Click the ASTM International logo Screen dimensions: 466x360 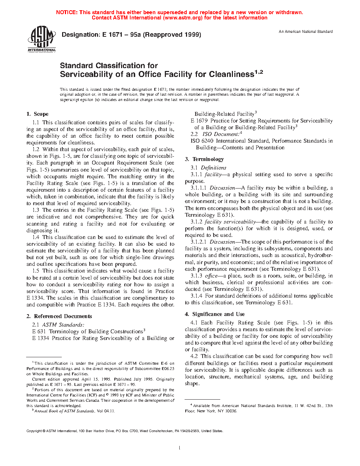point(41,39)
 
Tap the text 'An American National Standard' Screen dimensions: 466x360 point(306,31)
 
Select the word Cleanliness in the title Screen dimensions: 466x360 point(231,74)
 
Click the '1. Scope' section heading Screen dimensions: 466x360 point(37,114)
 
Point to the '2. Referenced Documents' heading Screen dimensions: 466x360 point(59,316)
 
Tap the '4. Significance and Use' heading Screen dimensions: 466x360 point(215,314)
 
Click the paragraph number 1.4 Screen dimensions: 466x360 point(36,237)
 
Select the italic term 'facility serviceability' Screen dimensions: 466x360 point(230,222)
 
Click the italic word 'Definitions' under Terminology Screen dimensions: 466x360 point(214,168)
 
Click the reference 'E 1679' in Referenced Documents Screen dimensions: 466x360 point(199,121)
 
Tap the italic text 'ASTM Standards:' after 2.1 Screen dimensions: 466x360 point(63,325)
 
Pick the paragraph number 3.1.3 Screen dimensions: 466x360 point(196,276)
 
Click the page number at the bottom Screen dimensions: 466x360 point(180,448)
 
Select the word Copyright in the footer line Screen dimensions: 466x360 point(34,431)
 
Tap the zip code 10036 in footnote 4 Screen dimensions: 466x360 point(231,411)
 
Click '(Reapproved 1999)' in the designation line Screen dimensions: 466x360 point(172,35)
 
